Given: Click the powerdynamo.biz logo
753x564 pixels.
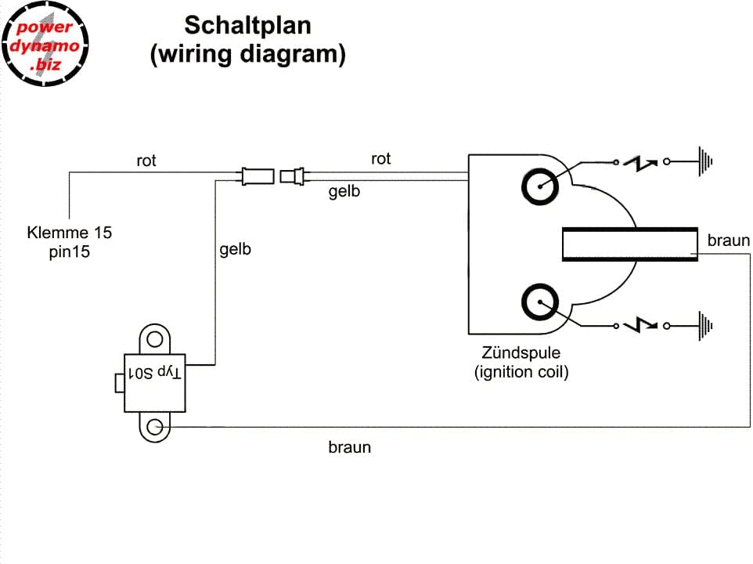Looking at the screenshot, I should point(45,45).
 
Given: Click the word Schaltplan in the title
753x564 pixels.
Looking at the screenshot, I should point(247,26).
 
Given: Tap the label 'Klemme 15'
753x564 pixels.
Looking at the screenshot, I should point(70,233).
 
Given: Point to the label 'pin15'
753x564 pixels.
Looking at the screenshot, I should point(70,252).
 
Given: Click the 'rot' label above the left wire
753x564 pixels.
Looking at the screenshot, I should point(146,161).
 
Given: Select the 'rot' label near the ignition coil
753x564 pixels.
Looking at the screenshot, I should point(380,159).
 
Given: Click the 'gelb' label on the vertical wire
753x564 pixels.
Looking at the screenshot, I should point(235,251).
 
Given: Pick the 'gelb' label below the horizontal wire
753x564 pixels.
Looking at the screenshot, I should point(344,191).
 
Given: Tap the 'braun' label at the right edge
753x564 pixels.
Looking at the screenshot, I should point(728,240).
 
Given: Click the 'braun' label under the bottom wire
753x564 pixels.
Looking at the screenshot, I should point(349,448).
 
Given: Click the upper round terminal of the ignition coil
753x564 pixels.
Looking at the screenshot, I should point(541,186).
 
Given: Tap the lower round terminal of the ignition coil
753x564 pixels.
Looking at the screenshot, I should point(541,302).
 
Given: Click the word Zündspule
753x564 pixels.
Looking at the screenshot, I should point(521,353).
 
